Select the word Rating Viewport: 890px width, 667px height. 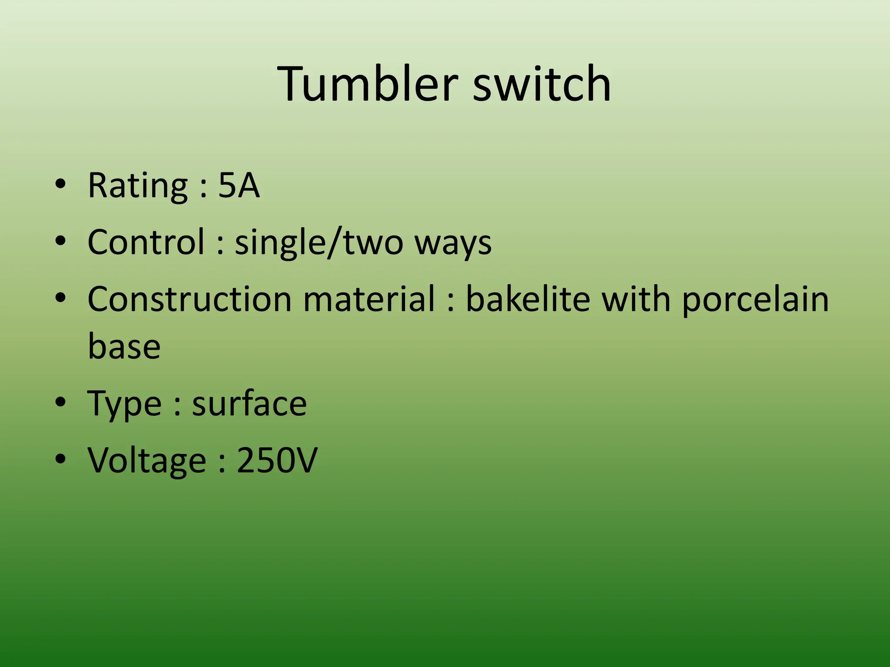pyautogui.click(x=138, y=186)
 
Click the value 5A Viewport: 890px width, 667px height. pyautogui.click(x=239, y=186)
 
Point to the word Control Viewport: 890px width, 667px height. pyautogui.click(x=146, y=242)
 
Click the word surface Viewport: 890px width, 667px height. pyautogui.click(x=249, y=404)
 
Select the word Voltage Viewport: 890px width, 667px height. pyautogui.click(x=147, y=461)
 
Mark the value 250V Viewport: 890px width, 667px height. pyautogui.click(x=277, y=460)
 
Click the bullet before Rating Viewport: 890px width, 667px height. pyautogui.click(x=60, y=184)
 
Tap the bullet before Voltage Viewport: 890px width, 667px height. pyautogui.click(x=60, y=459)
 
